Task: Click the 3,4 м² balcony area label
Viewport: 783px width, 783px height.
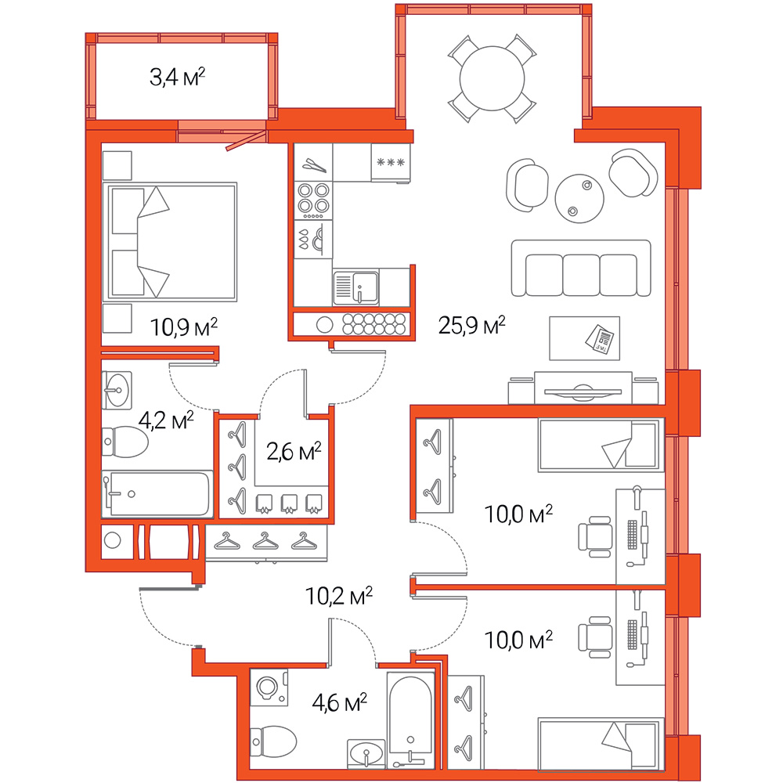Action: click(177, 77)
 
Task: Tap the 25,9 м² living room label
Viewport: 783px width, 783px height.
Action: click(472, 325)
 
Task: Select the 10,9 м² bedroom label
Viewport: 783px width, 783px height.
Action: click(184, 327)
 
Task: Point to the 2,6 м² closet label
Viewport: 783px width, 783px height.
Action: click(294, 452)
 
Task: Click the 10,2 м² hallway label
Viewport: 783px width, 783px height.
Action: click(339, 596)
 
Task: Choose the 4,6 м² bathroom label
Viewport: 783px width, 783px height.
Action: click(340, 702)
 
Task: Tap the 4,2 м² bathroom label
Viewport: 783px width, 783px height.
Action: click(166, 420)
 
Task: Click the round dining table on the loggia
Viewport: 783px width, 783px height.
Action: click(492, 78)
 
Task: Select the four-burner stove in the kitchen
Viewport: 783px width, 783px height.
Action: click(313, 200)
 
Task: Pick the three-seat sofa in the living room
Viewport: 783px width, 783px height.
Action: click(581, 268)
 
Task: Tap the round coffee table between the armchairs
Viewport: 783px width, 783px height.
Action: click(579, 198)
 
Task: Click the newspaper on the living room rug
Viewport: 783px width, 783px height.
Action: click(601, 340)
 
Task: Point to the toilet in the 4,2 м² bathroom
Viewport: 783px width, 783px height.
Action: click(124, 442)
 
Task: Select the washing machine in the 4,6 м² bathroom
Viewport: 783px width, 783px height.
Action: click(269, 687)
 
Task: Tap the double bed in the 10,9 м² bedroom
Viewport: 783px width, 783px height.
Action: click(170, 242)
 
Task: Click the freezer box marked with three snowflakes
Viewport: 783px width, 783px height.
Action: click(391, 162)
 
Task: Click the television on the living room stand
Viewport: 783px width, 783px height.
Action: click(583, 391)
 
